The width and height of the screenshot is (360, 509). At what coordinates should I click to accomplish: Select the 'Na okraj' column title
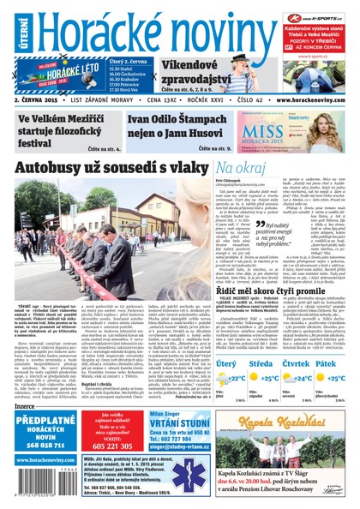[242, 168]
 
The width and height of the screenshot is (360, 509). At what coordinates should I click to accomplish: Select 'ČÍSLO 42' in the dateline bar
[254, 123]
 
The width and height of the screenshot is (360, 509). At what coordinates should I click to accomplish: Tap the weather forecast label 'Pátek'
[339, 362]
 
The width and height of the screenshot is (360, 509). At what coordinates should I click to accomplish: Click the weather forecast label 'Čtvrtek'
[301, 362]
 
